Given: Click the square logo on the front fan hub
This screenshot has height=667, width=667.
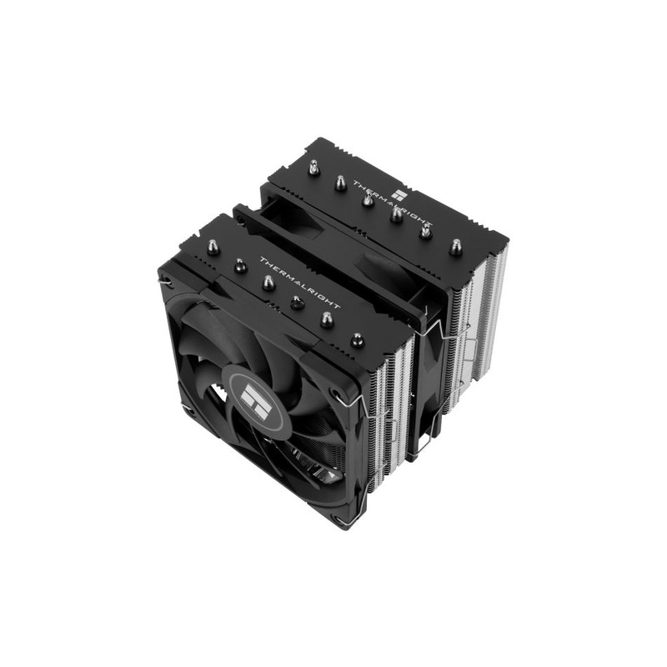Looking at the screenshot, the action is tap(256, 399).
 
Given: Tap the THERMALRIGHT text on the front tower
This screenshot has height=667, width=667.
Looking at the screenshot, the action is tap(300, 283).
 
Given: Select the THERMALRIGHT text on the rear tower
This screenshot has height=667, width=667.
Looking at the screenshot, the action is tap(392, 203).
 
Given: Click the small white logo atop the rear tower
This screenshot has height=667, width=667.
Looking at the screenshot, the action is tap(399, 195).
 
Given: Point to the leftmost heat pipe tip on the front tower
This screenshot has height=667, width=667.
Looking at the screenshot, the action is tap(211, 246).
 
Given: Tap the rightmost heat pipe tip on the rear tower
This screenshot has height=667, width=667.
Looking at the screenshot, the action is tap(456, 246).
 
